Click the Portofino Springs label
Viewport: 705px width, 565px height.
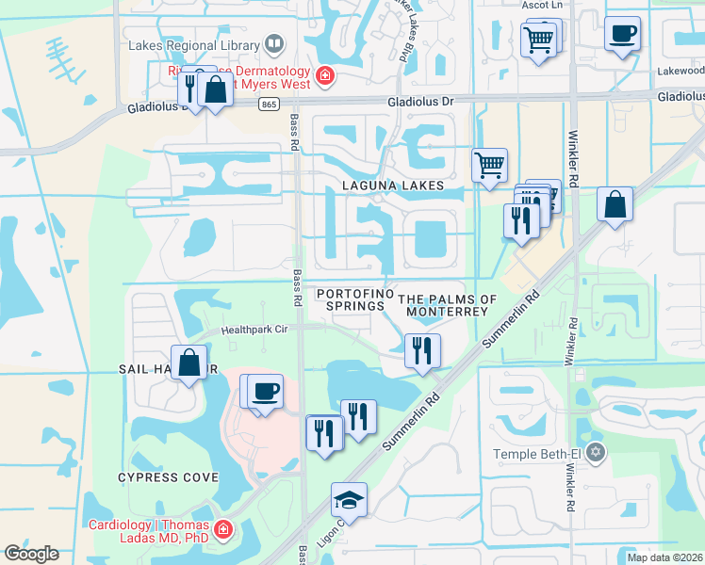pyautogui.click(x=355, y=299)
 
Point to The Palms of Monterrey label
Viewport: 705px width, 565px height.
pyautogui.click(x=448, y=305)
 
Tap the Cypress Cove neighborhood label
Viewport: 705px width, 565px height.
pyautogui.click(x=168, y=477)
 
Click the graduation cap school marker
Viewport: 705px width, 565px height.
pyautogui.click(x=349, y=502)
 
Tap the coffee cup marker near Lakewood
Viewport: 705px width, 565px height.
pyautogui.click(x=622, y=36)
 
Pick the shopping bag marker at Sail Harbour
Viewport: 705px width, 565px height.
pyautogui.click(x=189, y=363)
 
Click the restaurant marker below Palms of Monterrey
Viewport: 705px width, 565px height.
pyautogui.click(x=422, y=350)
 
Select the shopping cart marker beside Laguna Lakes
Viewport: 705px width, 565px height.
pyautogui.click(x=489, y=167)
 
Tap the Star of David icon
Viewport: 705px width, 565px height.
pyautogui.click(x=594, y=454)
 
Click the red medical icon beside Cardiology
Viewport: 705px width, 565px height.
pyautogui.click(x=223, y=530)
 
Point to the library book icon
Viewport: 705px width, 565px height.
pyautogui.click(x=273, y=43)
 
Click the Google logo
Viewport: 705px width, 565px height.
pyautogui.click(x=31, y=554)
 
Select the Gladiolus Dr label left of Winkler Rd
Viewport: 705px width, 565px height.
pyautogui.click(x=415, y=103)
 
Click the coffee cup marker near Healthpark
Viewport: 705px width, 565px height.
pyautogui.click(x=266, y=391)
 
